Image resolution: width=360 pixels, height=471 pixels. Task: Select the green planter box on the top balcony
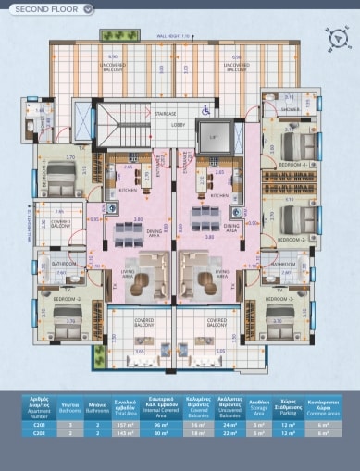114,35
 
